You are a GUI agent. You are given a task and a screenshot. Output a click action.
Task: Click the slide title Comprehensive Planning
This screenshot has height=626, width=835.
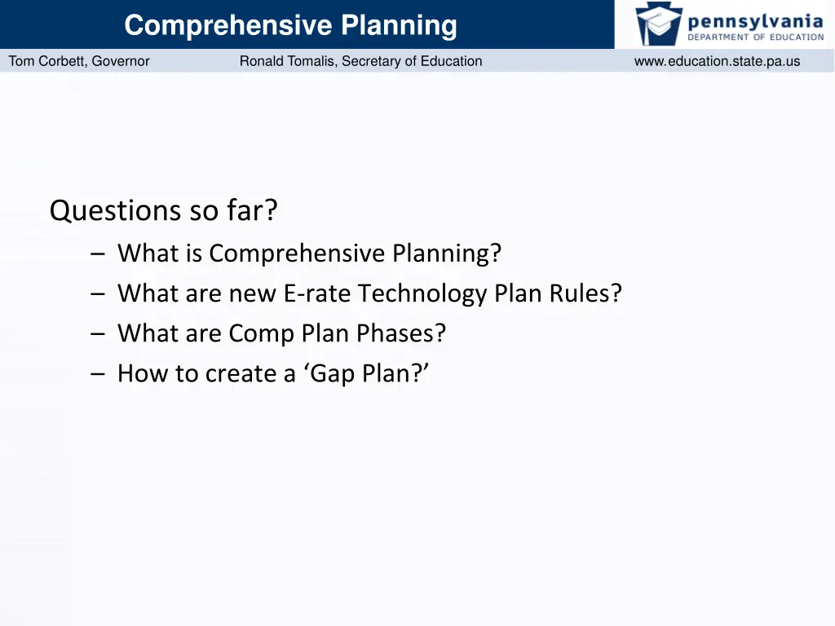pyautogui.click(x=290, y=25)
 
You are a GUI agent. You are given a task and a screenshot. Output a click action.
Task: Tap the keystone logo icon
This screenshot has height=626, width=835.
pyautogui.click(x=659, y=24)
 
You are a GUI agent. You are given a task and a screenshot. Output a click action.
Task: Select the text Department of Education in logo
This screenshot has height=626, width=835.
pyautogui.click(x=755, y=37)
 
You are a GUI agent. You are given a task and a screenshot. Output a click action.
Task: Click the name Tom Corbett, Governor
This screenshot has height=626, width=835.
pyautogui.click(x=79, y=61)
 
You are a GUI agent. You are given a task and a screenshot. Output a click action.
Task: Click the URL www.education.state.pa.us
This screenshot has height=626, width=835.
pyautogui.click(x=717, y=61)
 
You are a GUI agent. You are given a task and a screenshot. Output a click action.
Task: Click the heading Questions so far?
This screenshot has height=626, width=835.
pyautogui.click(x=163, y=211)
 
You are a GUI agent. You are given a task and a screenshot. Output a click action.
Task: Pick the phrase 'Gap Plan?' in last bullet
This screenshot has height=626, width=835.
pyautogui.click(x=369, y=373)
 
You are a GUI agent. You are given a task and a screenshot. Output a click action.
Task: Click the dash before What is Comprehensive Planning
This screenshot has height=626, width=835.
pyautogui.click(x=99, y=254)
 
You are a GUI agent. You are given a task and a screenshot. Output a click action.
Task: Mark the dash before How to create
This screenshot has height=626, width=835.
pyautogui.click(x=99, y=374)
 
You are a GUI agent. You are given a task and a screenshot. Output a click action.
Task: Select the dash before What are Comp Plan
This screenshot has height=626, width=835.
pyautogui.click(x=99, y=334)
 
